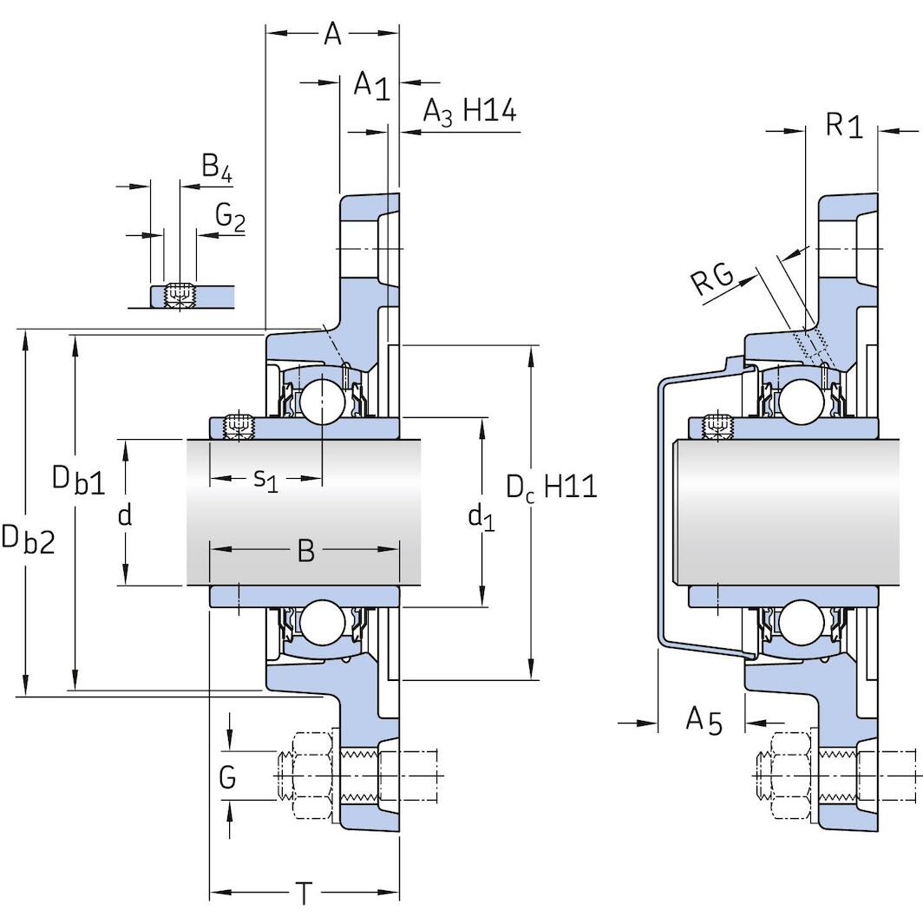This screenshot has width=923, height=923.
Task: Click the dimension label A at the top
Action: (332, 34)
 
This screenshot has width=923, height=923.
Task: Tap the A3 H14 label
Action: (469, 112)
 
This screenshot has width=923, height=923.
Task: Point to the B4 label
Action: (216, 167)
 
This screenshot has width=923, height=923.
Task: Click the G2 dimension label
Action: (229, 217)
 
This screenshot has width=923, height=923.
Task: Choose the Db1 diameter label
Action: (78, 480)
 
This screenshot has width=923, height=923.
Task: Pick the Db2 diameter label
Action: (28, 539)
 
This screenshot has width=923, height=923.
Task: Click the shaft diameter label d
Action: (125, 515)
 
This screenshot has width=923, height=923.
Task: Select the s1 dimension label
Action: (265, 478)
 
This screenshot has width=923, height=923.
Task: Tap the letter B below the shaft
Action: (305, 550)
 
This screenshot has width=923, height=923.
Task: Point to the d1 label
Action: (481, 518)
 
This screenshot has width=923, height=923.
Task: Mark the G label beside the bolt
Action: (227, 776)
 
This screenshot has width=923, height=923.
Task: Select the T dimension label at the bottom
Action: (304, 893)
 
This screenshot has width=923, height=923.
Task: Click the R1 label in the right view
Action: (843, 127)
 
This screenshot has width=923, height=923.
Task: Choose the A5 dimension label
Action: (704, 720)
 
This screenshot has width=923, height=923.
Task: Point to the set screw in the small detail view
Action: (179, 295)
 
